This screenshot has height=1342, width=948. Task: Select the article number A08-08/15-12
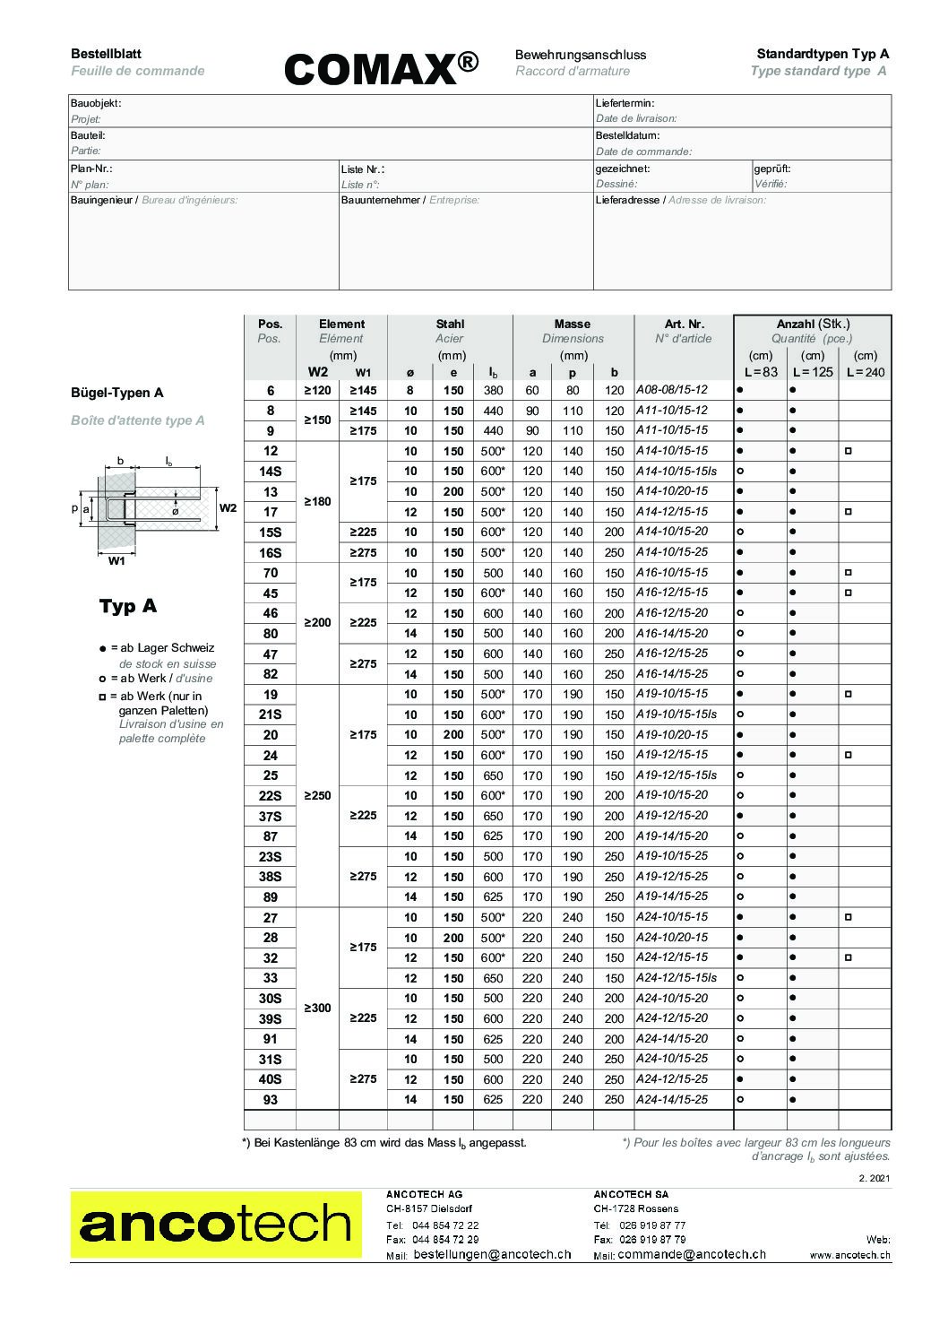pyautogui.click(x=672, y=390)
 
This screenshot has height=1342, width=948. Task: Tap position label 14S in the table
pyautogui.click(x=270, y=471)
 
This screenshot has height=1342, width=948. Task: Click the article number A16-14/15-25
pyautogui.click(x=672, y=674)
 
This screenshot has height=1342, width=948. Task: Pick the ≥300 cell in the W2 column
pyautogui.click(x=317, y=1009)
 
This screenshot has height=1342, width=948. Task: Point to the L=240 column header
pyautogui.click(x=865, y=372)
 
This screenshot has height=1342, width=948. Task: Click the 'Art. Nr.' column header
pyautogui.click(x=684, y=324)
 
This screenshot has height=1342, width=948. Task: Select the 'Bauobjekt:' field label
pyautogui.click(x=95, y=103)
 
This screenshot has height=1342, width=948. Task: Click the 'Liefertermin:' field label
pyautogui.click(x=625, y=103)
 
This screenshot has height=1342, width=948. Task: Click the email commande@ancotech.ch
pyautogui.click(x=692, y=1255)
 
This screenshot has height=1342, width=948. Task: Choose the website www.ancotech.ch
pyautogui.click(x=849, y=1256)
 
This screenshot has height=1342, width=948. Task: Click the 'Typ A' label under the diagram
pyautogui.click(x=127, y=606)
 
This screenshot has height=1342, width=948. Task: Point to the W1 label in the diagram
pyautogui.click(x=116, y=562)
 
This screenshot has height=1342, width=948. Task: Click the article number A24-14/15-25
pyautogui.click(x=672, y=1099)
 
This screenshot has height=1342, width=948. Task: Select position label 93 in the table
pyautogui.click(x=270, y=1100)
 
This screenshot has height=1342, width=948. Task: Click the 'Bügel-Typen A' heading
pyautogui.click(x=116, y=393)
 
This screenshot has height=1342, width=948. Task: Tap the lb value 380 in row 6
pyautogui.click(x=493, y=390)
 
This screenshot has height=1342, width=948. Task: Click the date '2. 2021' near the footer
pyautogui.click(x=874, y=1177)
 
